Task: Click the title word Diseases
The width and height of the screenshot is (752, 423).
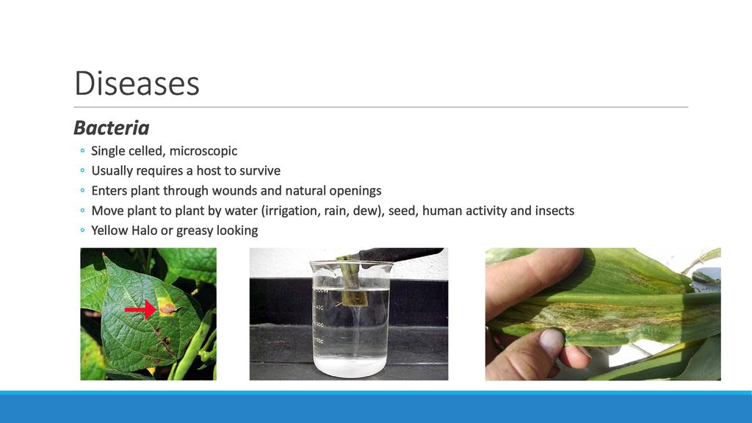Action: [137, 84]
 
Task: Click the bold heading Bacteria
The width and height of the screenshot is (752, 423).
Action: [112, 128]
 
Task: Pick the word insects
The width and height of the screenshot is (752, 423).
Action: [554, 211]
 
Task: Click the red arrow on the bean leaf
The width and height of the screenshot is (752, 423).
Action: [140, 309]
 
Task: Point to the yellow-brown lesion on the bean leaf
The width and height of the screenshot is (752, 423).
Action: [167, 307]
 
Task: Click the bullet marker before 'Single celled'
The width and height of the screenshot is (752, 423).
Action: [82, 151]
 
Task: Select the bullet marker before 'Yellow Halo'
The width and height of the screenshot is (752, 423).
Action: [82, 231]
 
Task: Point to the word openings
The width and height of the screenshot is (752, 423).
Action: [355, 192]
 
